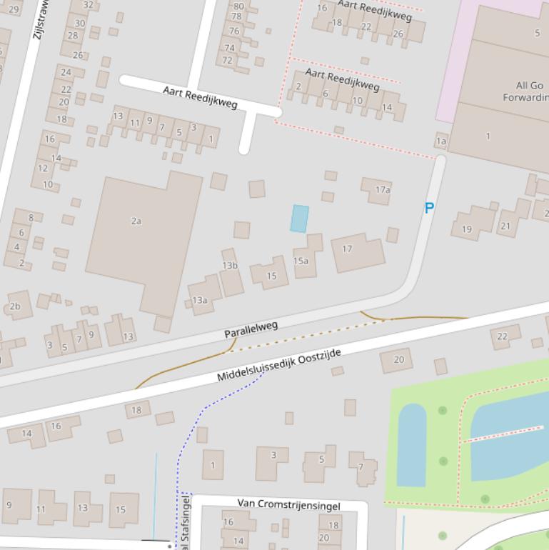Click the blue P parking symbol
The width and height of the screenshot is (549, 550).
tap(429, 209)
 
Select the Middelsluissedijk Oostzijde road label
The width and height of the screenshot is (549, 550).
tap(279, 365)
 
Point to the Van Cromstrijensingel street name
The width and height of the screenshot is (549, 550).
tap(288, 506)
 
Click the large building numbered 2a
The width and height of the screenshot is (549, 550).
tap(136, 221)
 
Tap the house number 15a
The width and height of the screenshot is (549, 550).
tap(301, 261)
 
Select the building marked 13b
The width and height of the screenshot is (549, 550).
tap(229, 266)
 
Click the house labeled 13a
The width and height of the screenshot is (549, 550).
tap(200, 300)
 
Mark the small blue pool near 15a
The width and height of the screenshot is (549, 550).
tap(300, 219)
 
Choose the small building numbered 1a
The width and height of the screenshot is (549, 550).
tap(441, 141)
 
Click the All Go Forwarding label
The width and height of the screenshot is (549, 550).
tap(527, 91)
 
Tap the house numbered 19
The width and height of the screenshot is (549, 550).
tap(467, 229)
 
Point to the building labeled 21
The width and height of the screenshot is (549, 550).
tap(505, 226)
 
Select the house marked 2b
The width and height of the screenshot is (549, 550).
tap(15, 307)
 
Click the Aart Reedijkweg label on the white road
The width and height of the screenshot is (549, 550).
tap(200, 96)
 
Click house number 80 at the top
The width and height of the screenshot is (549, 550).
tap(238, 6)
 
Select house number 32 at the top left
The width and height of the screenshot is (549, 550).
tap(88, 4)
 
